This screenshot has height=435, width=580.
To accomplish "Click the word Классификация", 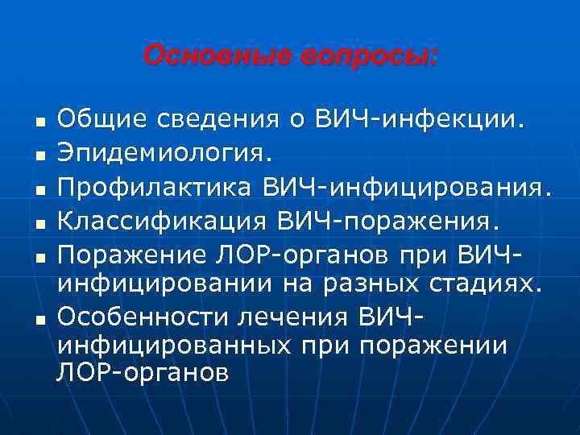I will click(x=164, y=219).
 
